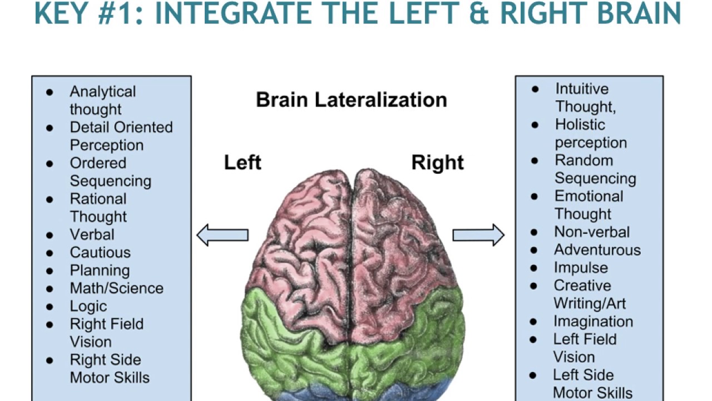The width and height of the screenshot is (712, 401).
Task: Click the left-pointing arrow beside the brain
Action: pos(222,234)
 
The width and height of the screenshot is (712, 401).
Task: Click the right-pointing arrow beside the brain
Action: pos(478,234)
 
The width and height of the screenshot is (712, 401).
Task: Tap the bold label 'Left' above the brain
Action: pos(243,163)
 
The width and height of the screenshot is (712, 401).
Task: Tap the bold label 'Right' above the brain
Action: pos(437,163)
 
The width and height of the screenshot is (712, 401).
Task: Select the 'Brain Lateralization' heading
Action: pos(351,100)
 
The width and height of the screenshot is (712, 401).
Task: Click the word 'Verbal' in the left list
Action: pos(92,234)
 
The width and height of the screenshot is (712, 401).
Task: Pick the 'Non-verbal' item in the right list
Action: pos(592,232)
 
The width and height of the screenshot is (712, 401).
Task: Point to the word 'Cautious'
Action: pos(100,252)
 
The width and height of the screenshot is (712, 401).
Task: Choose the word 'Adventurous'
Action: pos(597,250)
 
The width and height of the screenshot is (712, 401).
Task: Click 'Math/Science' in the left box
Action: pos(116,288)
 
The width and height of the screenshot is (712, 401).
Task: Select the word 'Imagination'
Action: pos(593,321)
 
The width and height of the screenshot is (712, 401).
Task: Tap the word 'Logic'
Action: pos(88,306)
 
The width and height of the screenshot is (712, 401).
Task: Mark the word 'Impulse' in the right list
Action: pos(581,268)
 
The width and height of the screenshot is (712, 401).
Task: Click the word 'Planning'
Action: pos(100,271)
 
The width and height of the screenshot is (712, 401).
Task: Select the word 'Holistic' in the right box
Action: pos(580,125)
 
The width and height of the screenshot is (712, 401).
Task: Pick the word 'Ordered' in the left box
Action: pos(98,163)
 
